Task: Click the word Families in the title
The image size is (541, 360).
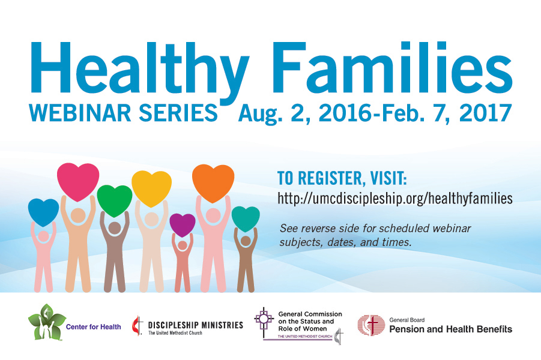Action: click(x=393, y=68)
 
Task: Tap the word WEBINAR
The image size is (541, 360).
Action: click(x=80, y=113)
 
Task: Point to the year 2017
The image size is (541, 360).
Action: click(x=485, y=113)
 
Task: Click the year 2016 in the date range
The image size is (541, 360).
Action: click(x=345, y=113)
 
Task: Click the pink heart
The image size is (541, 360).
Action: click(x=78, y=182)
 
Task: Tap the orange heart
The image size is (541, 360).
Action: click(x=213, y=183)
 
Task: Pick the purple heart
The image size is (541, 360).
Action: click(x=183, y=225)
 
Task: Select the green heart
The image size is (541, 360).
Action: click(x=115, y=200)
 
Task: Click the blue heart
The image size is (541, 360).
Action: click(x=43, y=212)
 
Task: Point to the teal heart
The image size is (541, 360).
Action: click(x=246, y=218)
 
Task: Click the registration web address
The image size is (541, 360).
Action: click(x=395, y=199)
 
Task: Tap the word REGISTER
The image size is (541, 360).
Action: click(x=330, y=178)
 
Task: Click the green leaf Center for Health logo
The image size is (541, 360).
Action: click(x=47, y=322)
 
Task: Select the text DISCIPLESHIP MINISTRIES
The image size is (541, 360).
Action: click(x=196, y=325)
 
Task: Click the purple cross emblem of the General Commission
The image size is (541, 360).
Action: click(x=264, y=320)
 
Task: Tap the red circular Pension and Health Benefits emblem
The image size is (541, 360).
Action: click(x=371, y=325)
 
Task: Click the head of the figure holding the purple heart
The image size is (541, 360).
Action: click(x=183, y=245)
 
